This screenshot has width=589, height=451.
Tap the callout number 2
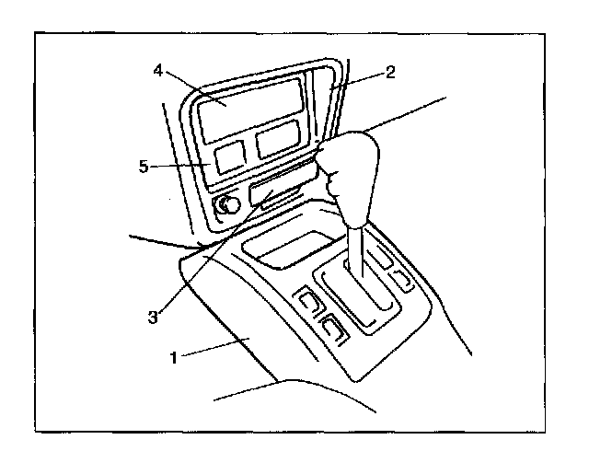392,71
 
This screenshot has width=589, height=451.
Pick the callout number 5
144,167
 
